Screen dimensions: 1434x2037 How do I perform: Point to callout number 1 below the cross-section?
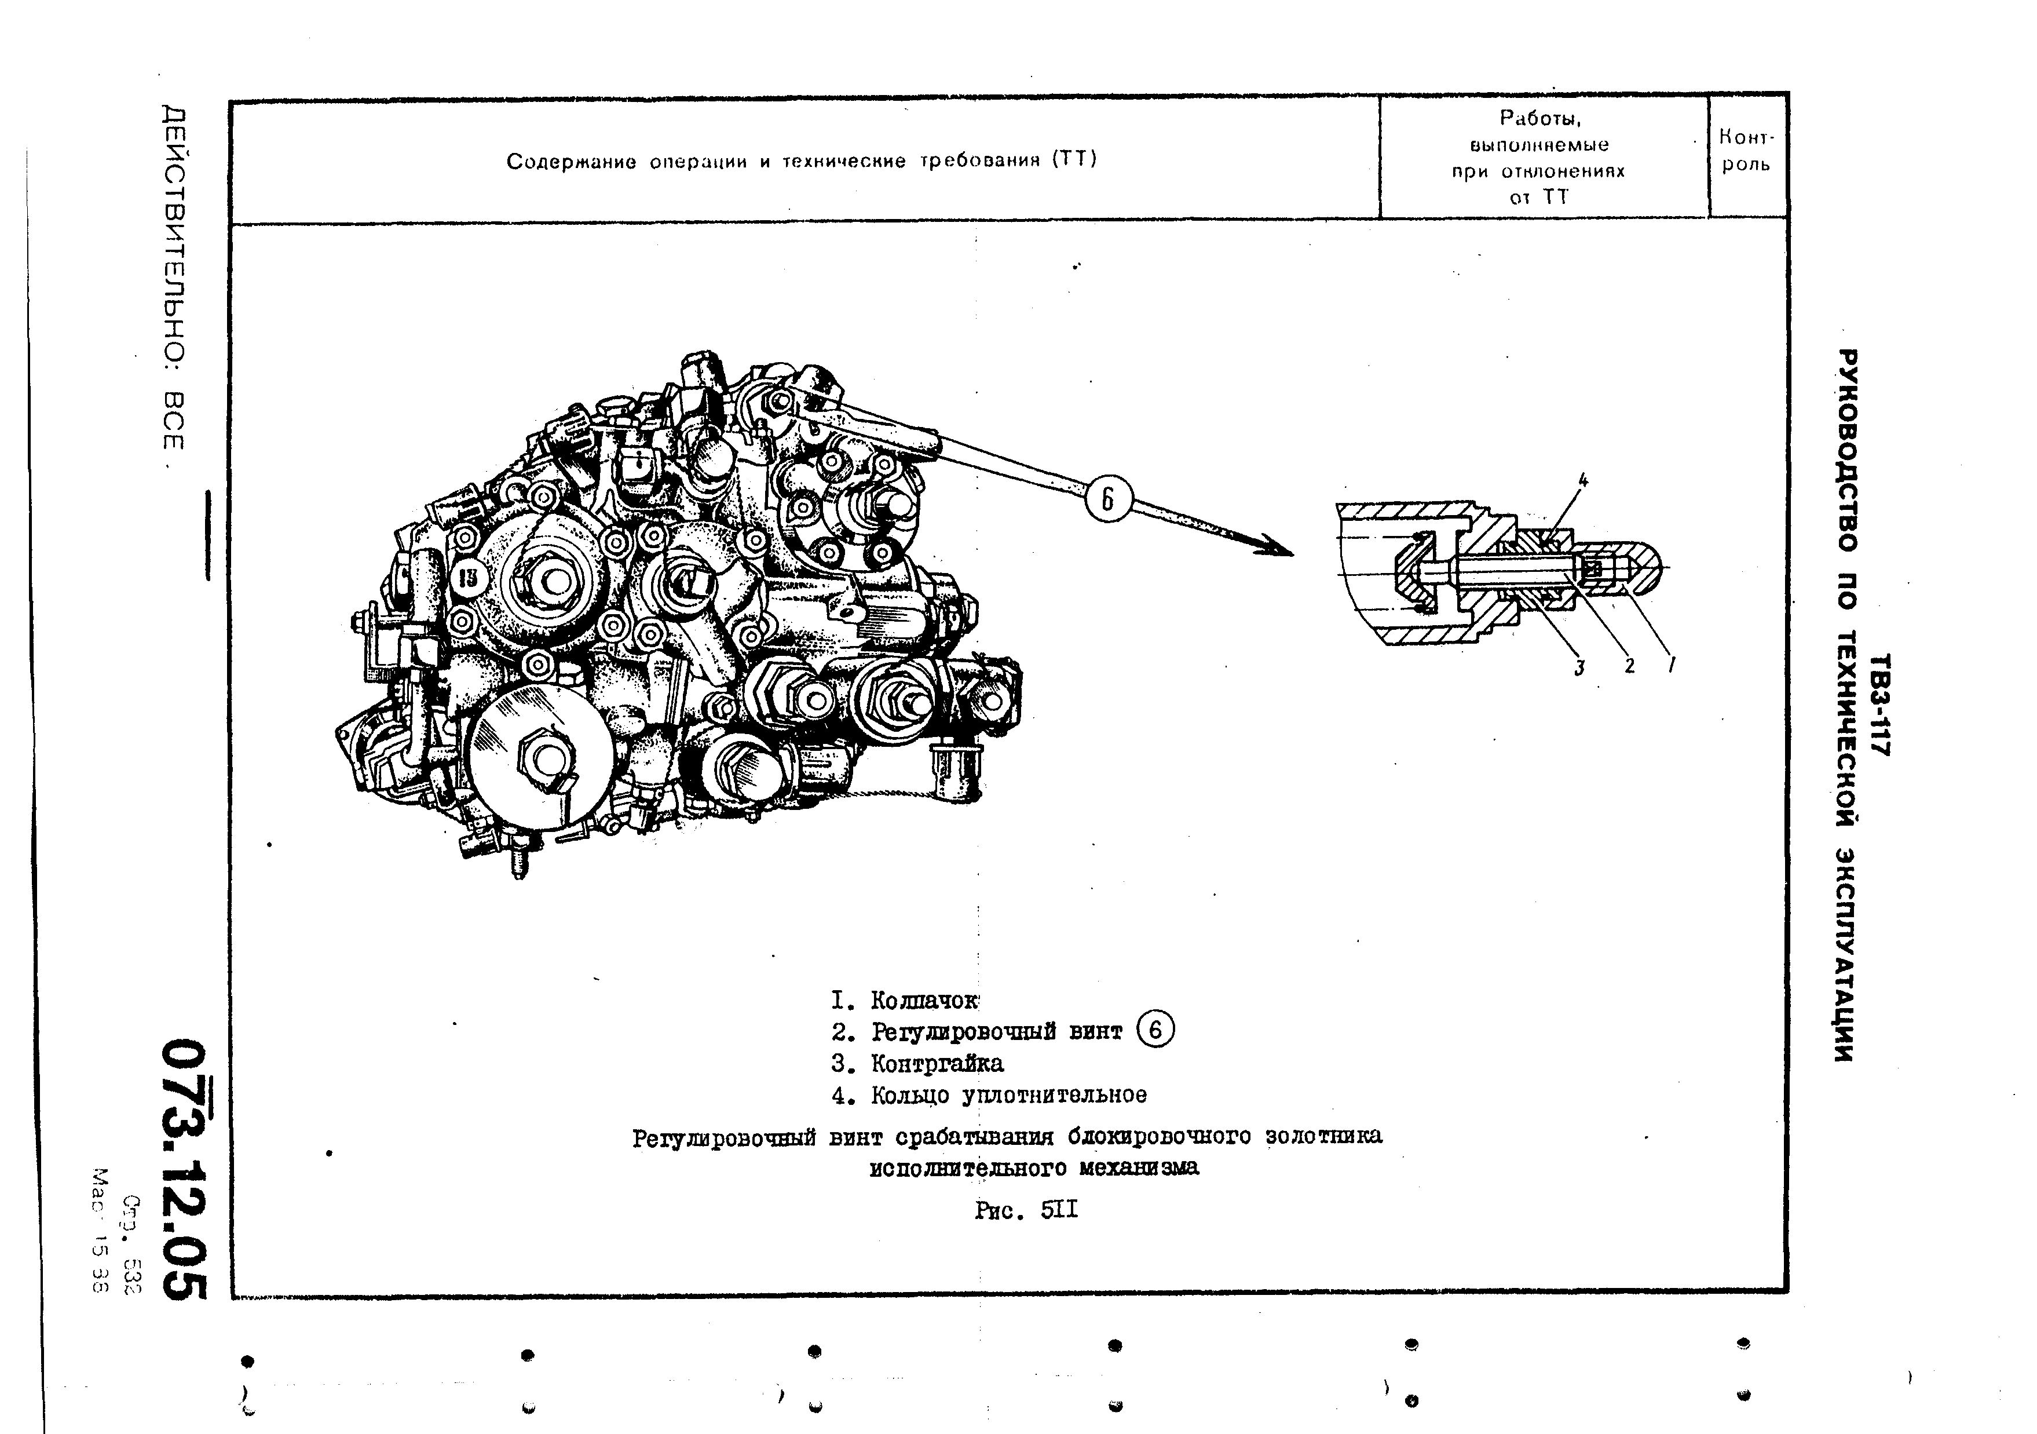click(x=1672, y=664)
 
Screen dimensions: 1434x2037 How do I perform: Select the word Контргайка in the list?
click(x=937, y=1063)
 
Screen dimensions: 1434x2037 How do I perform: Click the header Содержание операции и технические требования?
click(x=801, y=160)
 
